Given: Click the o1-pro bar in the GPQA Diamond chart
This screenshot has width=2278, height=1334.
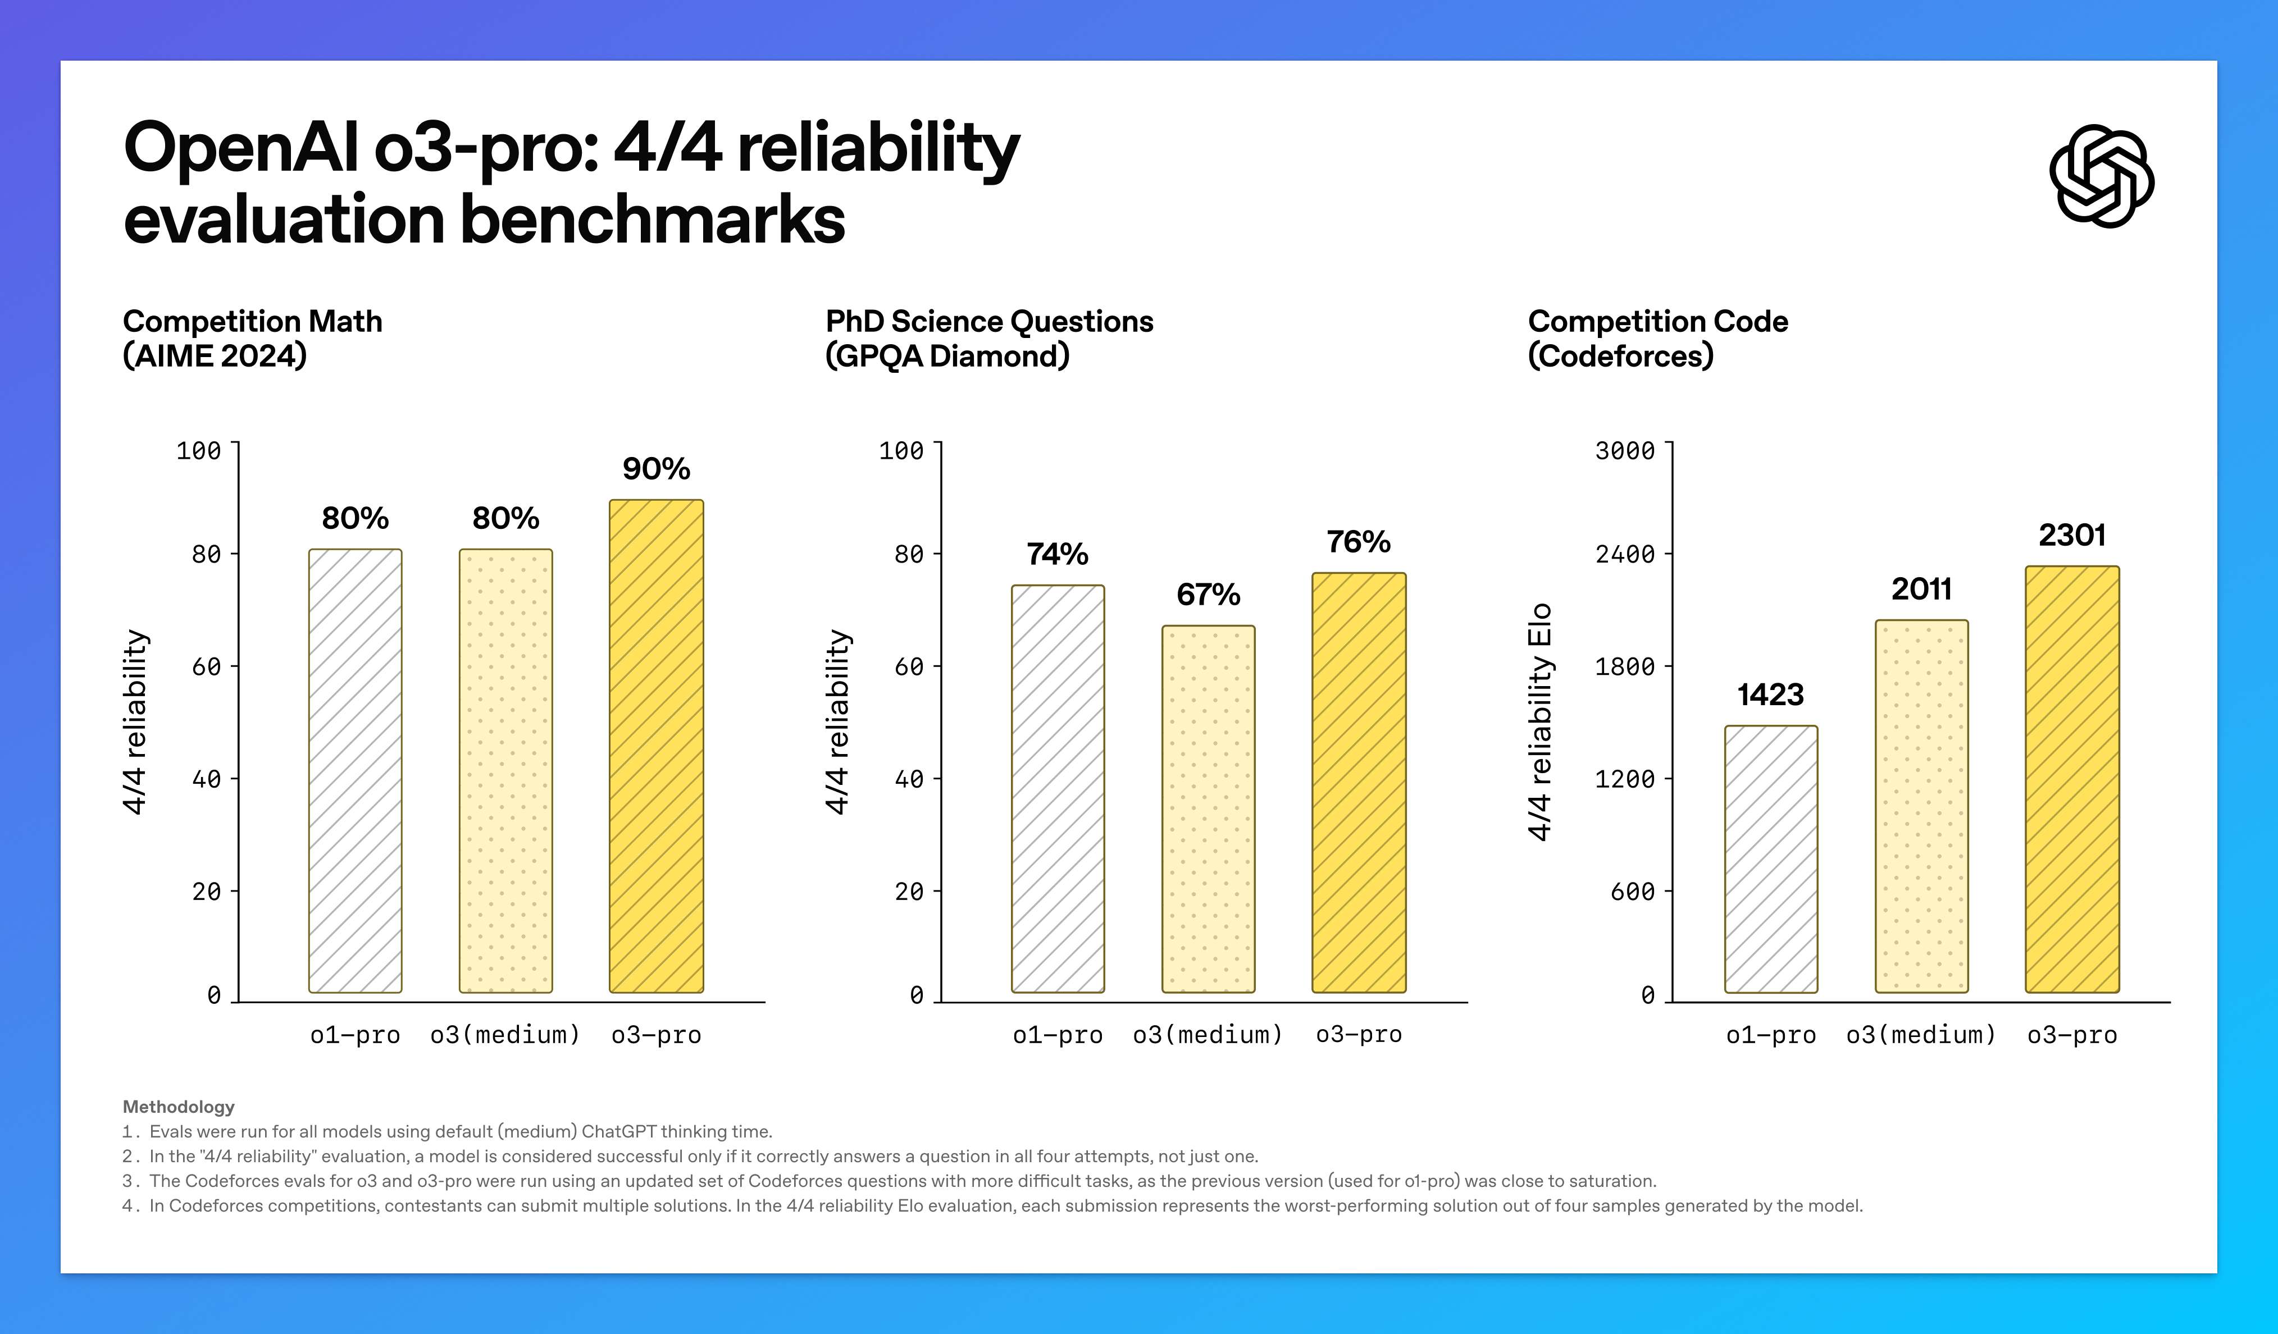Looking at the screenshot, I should [x=1058, y=788].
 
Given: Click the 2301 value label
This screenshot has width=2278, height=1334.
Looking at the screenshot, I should [x=2072, y=535].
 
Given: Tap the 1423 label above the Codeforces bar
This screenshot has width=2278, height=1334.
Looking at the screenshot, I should [x=1770, y=694].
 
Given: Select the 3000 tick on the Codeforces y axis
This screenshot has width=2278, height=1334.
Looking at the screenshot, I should [x=1624, y=450].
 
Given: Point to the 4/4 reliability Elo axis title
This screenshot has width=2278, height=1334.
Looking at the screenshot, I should [x=1539, y=721].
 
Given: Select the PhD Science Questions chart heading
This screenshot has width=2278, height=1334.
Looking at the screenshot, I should [x=989, y=338].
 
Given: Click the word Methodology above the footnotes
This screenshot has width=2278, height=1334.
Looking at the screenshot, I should [x=178, y=1106].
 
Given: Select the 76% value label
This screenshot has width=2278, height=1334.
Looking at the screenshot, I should [x=1358, y=541].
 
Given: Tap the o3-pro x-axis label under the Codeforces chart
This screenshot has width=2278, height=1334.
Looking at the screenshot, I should [x=2072, y=1034].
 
